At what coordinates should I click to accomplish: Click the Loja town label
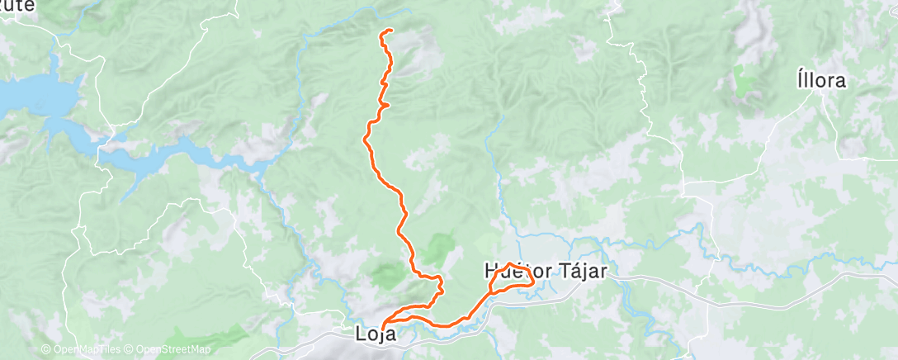coord(376,335)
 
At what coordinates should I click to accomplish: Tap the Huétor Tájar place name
coord(544,271)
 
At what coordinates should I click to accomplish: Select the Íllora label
coord(822,81)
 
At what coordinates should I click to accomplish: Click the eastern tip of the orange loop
coord(534,281)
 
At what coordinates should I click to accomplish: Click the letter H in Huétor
coord(490,271)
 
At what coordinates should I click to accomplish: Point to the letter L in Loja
coord(361,335)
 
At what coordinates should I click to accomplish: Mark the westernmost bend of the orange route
coord(364,140)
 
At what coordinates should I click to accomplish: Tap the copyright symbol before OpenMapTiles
coord(45,350)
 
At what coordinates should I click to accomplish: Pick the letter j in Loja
coord(382,336)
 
